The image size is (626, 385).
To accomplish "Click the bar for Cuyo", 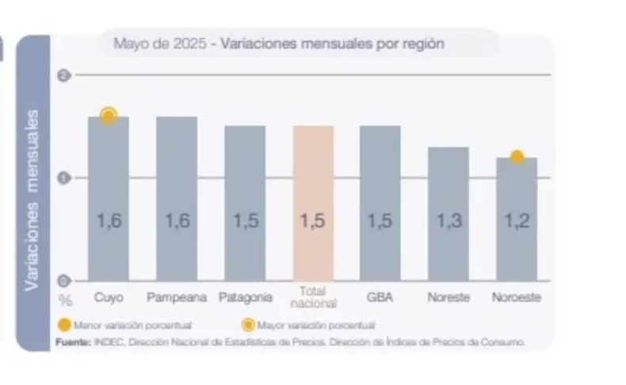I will (109, 198).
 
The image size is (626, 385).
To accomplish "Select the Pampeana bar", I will (177, 198).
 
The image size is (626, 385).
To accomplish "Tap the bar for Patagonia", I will (245, 202).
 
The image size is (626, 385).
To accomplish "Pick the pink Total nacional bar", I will (313, 202).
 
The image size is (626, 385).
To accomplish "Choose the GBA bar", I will (380, 202).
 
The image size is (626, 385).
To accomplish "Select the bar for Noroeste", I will (517, 218).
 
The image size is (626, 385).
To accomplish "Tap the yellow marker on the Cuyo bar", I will (109, 116).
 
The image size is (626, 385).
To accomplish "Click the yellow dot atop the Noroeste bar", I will (517, 157).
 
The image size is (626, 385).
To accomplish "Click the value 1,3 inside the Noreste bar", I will (449, 222).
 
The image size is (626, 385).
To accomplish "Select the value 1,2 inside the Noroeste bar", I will (517, 222).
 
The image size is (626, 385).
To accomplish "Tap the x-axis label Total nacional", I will (313, 297).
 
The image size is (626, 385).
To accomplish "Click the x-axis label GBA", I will (380, 297).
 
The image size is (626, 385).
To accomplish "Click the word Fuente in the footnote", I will (71, 341).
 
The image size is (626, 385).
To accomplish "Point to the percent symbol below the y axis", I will (66, 300).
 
